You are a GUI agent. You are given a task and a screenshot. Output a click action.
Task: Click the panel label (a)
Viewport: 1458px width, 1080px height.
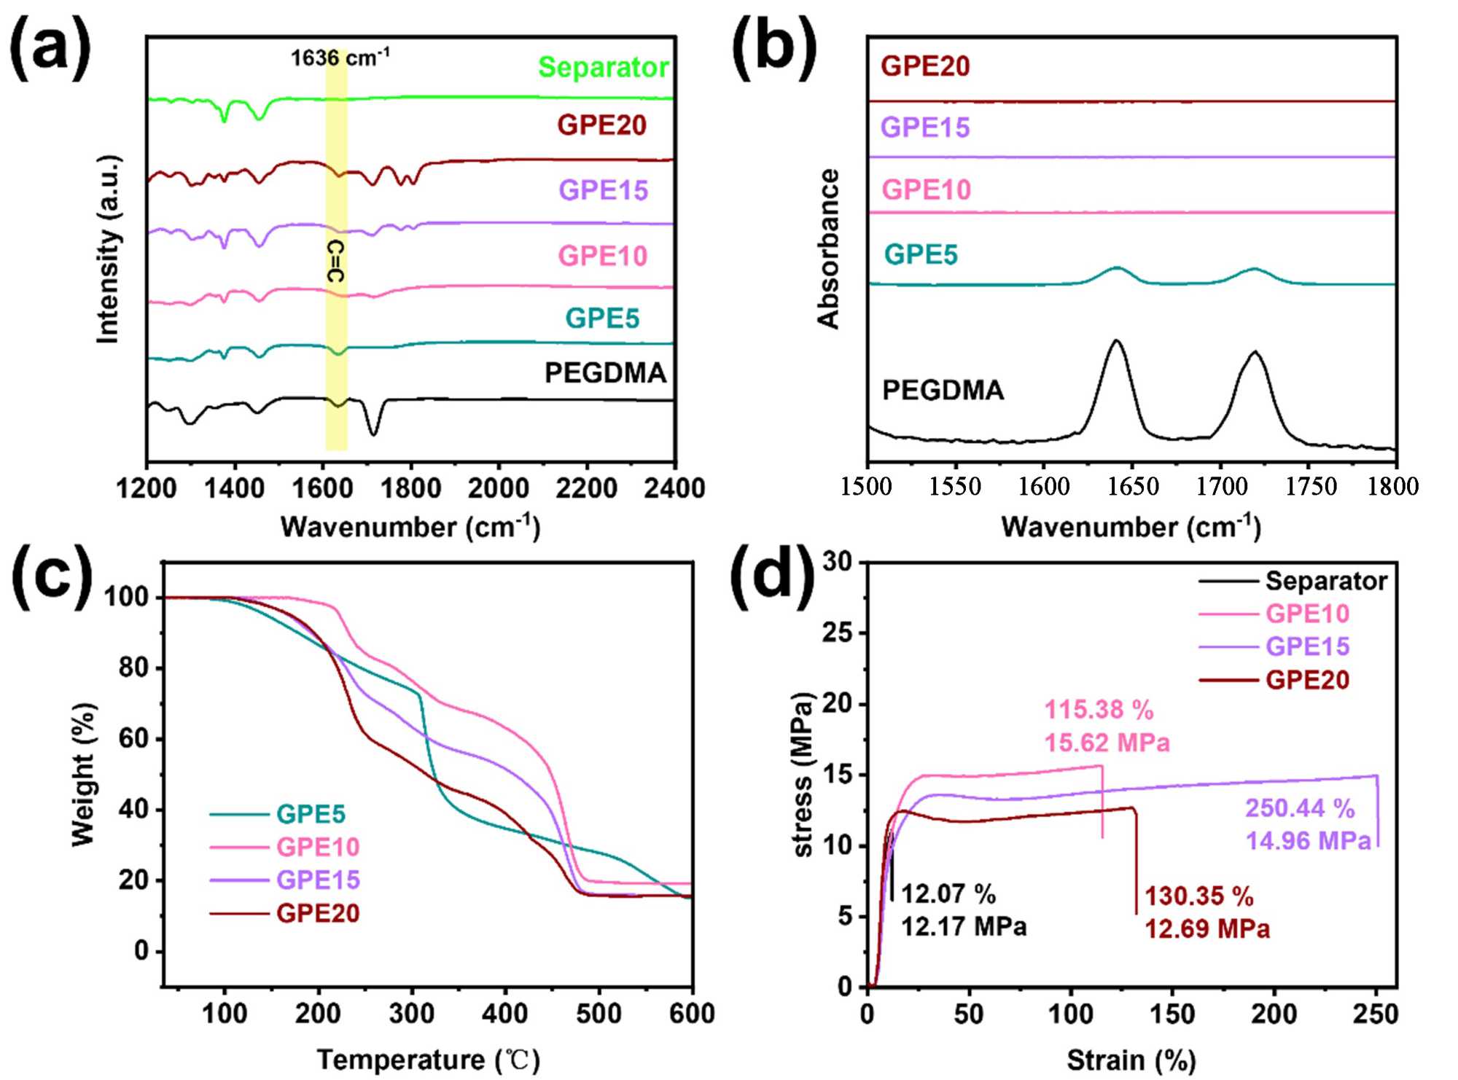(x=50, y=50)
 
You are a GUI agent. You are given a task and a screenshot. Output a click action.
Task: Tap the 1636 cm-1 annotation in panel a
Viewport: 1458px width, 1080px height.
(x=340, y=58)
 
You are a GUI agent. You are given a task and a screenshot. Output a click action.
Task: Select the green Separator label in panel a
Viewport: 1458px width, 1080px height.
(x=603, y=67)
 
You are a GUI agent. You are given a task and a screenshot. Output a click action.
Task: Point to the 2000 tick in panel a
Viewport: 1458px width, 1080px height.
(x=499, y=488)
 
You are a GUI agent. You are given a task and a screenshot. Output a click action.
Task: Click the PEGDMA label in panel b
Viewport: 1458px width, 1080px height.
(x=943, y=391)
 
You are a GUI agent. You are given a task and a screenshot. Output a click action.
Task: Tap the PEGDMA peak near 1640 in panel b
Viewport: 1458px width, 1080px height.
(x=1115, y=341)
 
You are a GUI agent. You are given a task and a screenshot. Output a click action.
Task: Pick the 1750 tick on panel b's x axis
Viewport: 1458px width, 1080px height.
(x=1310, y=486)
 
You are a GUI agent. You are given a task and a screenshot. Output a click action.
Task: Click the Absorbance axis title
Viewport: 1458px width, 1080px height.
(x=829, y=249)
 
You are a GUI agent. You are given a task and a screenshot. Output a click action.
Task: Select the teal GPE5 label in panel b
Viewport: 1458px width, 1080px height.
(x=921, y=255)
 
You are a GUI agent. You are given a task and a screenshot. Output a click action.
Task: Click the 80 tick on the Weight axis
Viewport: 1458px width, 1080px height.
(x=135, y=668)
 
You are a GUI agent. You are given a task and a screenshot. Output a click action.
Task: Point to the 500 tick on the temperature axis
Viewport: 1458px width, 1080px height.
(x=599, y=1014)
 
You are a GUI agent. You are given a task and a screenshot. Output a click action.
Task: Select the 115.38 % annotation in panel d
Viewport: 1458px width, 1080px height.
(x=1099, y=710)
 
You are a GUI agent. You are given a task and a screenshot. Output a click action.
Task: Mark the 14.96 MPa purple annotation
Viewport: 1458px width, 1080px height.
(x=1308, y=841)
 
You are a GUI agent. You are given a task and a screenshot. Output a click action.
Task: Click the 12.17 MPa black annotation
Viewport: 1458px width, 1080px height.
(x=964, y=926)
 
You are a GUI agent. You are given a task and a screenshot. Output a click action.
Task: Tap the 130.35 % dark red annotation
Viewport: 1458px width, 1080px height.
(x=1198, y=896)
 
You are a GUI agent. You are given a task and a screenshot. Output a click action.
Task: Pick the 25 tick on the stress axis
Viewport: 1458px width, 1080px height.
(x=838, y=633)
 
